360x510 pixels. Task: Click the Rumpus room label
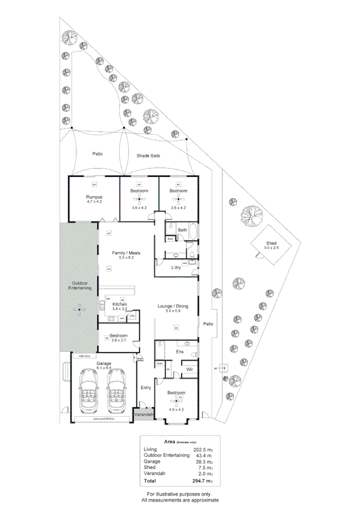pyautogui.click(x=94, y=197)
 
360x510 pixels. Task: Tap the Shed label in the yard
pyautogui.click(x=272, y=243)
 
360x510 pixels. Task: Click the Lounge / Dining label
pyautogui.click(x=173, y=306)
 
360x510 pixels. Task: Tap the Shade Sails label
pyautogui.click(x=148, y=155)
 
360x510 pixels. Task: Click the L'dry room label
pyautogui.click(x=176, y=267)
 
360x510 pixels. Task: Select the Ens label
pyautogui.click(x=179, y=351)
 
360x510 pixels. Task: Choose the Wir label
pyautogui.click(x=189, y=369)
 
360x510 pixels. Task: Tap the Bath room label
pyautogui.click(x=183, y=230)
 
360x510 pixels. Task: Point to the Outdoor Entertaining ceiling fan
pyautogui.click(x=79, y=309)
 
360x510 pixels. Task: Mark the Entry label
pyautogui.click(x=145, y=387)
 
